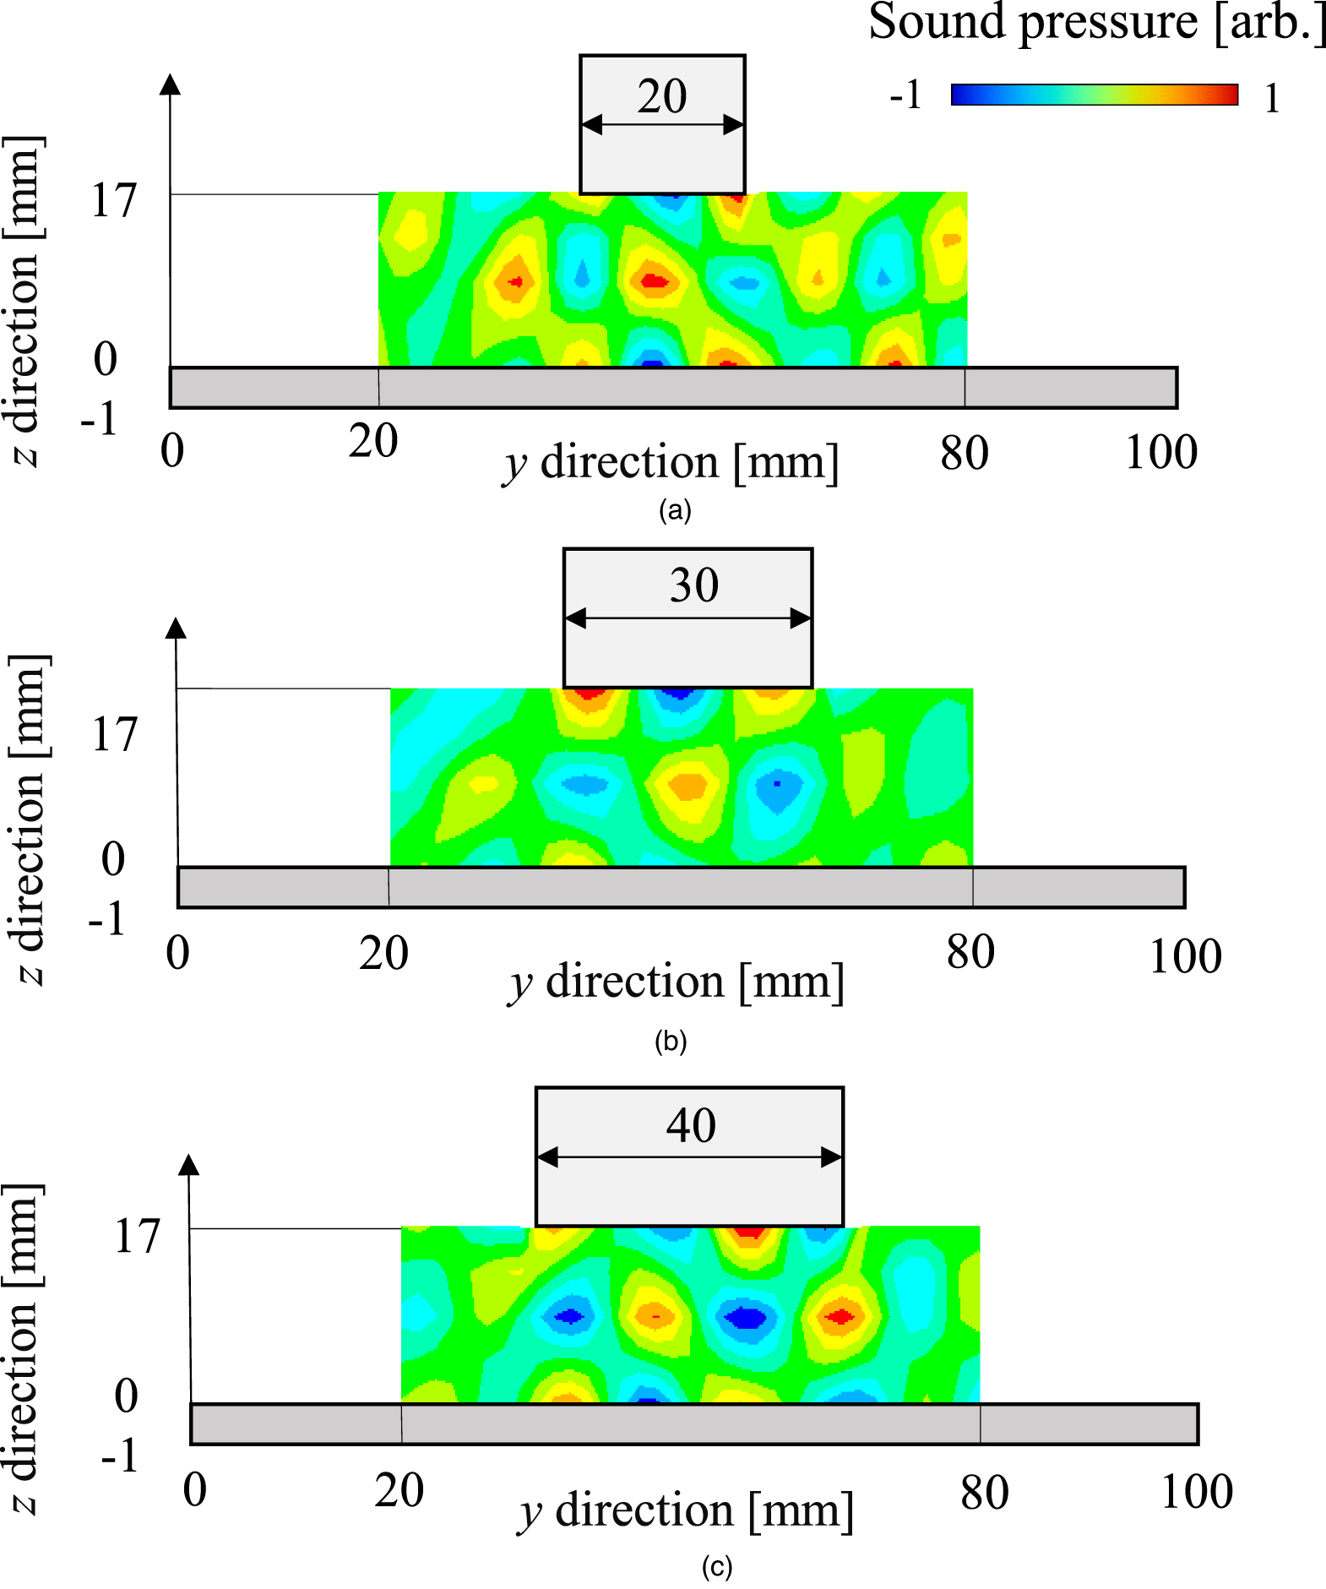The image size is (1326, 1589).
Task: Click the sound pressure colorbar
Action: click(x=1095, y=95)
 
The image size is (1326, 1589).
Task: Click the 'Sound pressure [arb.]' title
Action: click(x=1096, y=22)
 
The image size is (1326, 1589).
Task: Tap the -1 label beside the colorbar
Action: click(x=905, y=95)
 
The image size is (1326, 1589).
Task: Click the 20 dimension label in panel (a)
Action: click(x=662, y=96)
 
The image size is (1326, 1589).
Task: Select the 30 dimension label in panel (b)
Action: click(x=694, y=585)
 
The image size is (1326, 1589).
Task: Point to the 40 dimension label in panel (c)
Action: click(x=691, y=1125)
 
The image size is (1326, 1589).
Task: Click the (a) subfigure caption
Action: click(x=675, y=510)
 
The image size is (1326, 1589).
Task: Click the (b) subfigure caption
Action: click(x=671, y=1041)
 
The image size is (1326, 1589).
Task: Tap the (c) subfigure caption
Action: click(x=717, y=1567)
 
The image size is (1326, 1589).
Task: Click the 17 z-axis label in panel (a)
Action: click(x=113, y=201)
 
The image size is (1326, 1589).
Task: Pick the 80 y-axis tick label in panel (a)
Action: click(x=964, y=454)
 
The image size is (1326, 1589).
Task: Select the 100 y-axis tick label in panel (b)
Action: click(x=1185, y=957)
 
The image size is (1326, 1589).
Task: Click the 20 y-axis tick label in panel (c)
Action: click(x=399, y=1490)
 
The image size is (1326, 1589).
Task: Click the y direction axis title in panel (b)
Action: click(x=677, y=983)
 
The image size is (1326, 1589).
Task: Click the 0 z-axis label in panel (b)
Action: click(x=113, y=859)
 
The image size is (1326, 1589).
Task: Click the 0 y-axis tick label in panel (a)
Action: click(x=172, y=450)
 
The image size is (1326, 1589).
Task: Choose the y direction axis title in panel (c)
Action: click(x=686, y=1512)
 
